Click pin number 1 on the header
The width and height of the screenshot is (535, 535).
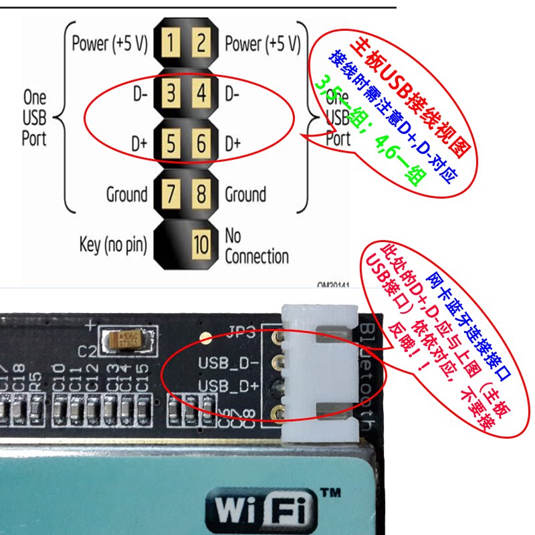pos(171,45)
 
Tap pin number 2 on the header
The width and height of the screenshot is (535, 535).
pos(201,45)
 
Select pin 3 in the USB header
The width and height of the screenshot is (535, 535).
pos(171,94)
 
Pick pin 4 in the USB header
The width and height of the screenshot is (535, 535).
pos(201,94)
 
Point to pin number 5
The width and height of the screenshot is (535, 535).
pos(171,144)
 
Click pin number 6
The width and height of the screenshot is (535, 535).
pos(201,144)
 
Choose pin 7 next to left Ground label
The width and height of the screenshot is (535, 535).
pos(171,195)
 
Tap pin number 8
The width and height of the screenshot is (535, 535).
pos(201,195)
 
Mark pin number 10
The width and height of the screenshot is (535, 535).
pos(201,244)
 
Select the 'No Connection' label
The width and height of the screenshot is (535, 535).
pos(256,245)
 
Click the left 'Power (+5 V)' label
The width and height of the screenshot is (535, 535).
pos(108,44)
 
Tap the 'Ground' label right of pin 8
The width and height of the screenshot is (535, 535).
pos(245,195)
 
